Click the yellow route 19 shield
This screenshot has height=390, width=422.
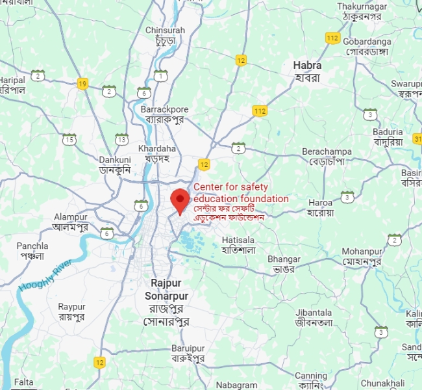click(82, 83)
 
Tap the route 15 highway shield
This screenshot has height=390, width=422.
click(69, 139)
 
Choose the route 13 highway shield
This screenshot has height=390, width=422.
click(121, 139)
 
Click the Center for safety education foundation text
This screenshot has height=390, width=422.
click(241, 193)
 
